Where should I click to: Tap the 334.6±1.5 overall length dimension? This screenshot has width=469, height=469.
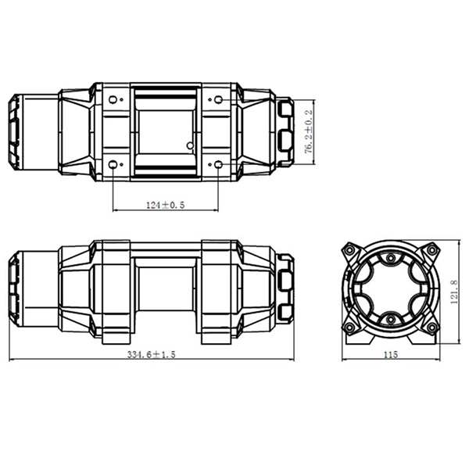(151, 354)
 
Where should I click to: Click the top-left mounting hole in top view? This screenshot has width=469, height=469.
(114, 99)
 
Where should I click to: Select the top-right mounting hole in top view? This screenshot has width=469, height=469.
(218, 99)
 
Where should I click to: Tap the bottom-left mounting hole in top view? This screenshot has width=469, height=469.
(114, 164)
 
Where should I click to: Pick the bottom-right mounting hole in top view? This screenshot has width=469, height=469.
(218, 164)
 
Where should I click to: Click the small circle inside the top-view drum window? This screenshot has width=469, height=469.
(189, 145)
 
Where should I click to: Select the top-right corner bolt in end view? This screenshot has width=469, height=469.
(430, 252)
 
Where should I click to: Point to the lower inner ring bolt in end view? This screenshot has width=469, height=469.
(389, 319)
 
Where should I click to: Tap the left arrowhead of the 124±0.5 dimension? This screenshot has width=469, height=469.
(116, 210)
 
